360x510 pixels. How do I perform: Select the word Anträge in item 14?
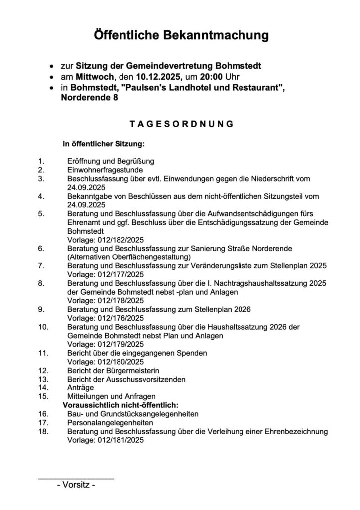tap(80, 387)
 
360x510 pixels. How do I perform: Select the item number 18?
tap(43, 431)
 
